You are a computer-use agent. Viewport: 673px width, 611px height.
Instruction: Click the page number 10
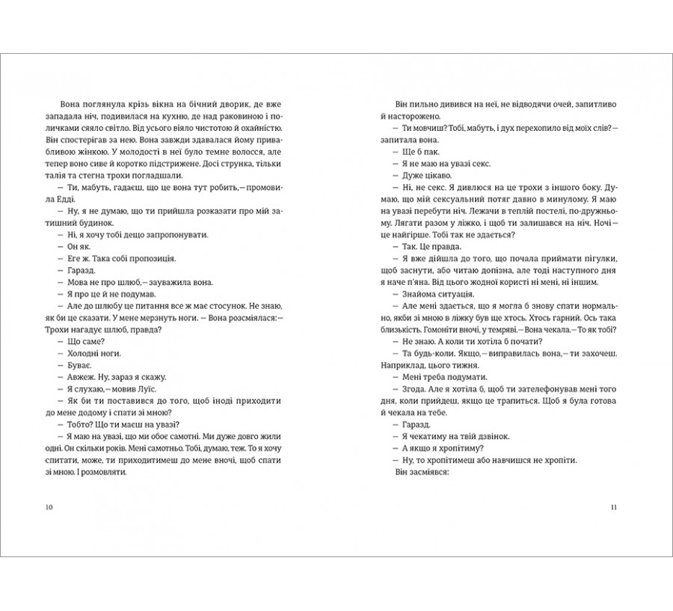click(49, 508)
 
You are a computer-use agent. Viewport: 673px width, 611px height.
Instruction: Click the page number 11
click(613, 508)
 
